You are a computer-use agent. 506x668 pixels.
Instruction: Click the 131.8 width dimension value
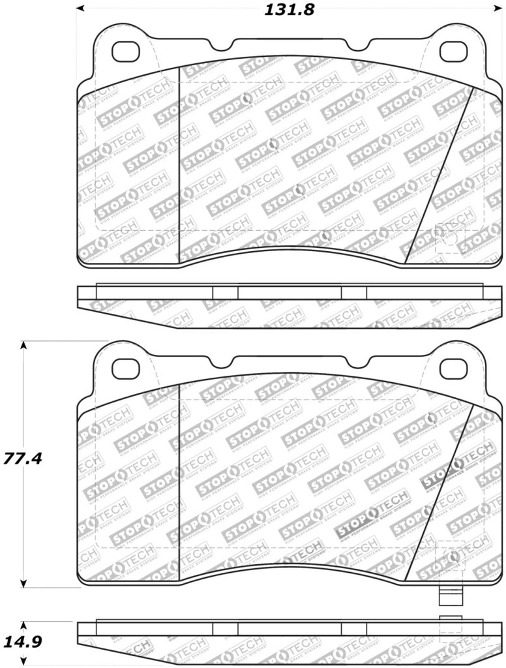click(x=280, y=10)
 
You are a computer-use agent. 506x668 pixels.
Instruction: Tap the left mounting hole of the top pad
click(x=125, y=52)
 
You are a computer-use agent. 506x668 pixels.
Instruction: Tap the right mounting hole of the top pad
click(x=453, y=52)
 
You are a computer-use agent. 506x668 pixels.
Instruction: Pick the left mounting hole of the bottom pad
click(x=125, y=369)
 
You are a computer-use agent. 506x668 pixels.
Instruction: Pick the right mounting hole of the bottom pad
click(x=453, y=369)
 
